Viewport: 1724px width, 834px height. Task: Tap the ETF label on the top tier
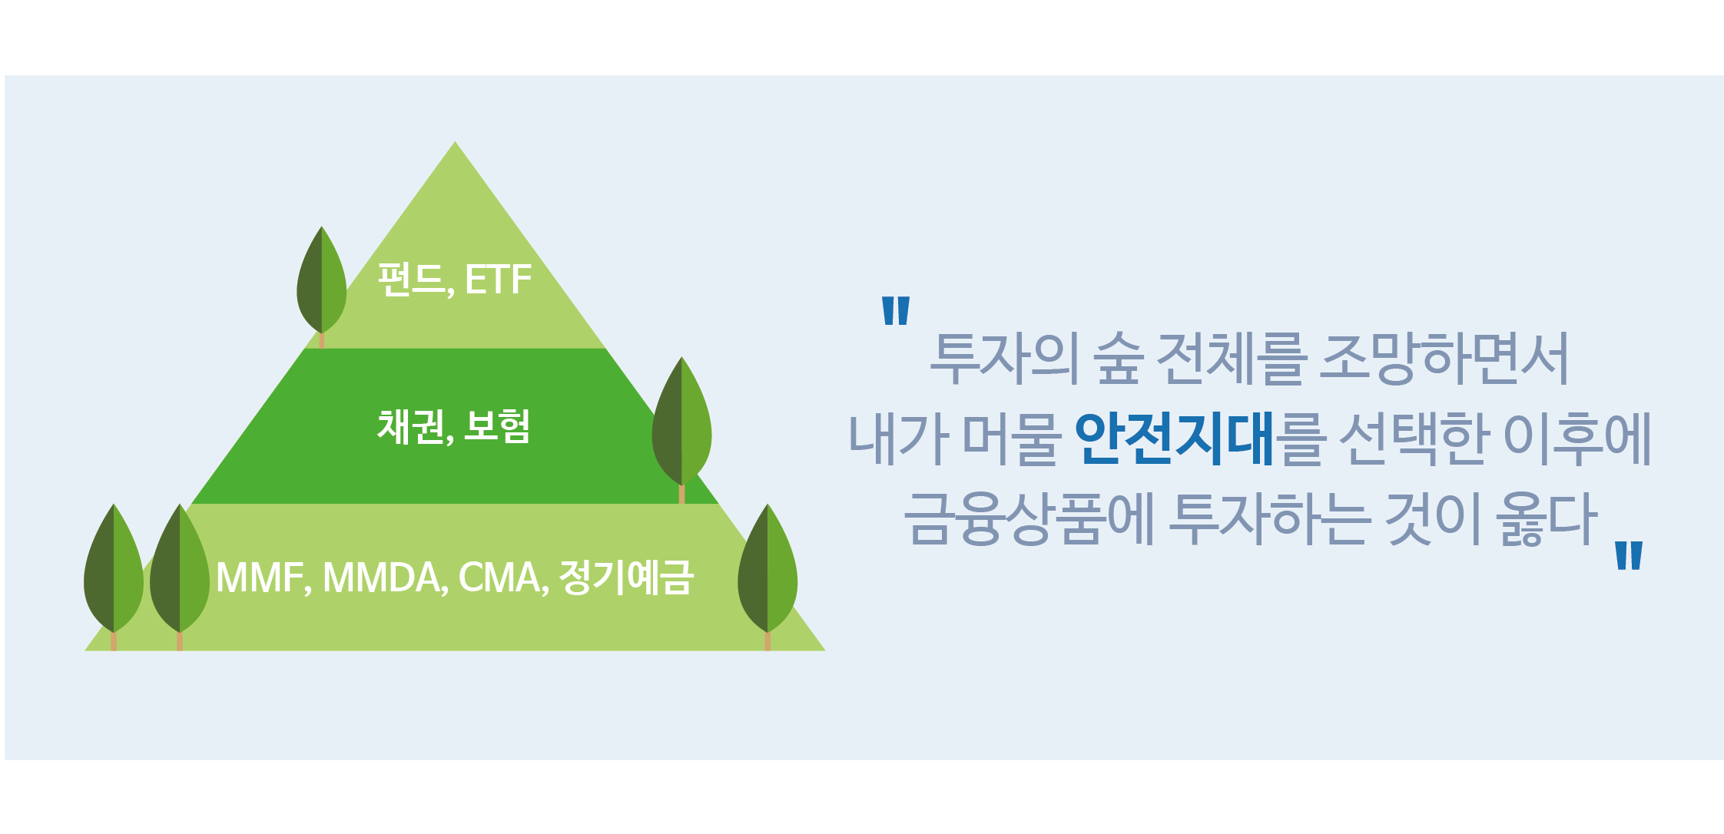point(498,279)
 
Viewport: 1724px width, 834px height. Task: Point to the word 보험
point(497,426)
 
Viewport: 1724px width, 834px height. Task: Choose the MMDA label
point(383,578)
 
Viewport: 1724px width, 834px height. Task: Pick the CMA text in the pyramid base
point(502,578)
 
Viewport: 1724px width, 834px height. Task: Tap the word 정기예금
point(626,577)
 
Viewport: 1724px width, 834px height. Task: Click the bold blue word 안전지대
point(1175,439)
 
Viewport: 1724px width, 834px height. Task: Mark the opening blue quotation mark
point(896,310)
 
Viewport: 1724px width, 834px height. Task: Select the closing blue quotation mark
point(1629,555)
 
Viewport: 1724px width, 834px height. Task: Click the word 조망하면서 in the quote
point(1444,359)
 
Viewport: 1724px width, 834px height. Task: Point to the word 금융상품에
point(1029,518)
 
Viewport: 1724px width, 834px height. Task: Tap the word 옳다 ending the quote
point(1547,518)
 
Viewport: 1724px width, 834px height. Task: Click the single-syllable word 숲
point(1118,359)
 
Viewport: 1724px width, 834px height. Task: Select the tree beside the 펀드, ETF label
point(322,286)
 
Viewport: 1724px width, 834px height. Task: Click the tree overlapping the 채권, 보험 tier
point(681,429)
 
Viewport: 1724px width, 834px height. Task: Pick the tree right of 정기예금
point(768,577)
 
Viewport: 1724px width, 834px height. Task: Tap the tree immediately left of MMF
point(180,577)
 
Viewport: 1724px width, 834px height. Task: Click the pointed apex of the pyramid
point(455,141)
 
